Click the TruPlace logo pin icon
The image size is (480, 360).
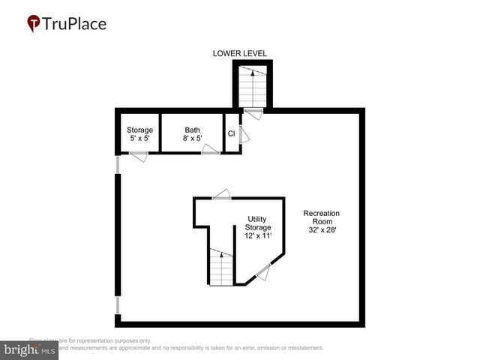pyautogui.click(x=34, y=23)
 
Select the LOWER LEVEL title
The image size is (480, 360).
pyautogui.click(x=240, y=53)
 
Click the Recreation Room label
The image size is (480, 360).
pyautogui.click(x=322, y=217)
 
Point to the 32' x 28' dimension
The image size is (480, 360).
pyautogui.click(x=322, y=230)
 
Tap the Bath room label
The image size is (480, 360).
pyautogui.click(x=193, y=130)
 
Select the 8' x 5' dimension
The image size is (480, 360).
pyautogui.click(x=193, y=139)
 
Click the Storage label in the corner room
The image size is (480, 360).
pyautogui.click(x=139, y=130)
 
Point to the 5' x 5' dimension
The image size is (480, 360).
pyautogui.click(x=139, y=139)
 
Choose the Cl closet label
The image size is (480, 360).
pyautogui.click(x=232, y=134)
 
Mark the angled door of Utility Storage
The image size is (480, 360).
pyautogui.click(x=262, y=273)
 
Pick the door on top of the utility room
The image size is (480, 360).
pyautogui.click(x=222, y=194)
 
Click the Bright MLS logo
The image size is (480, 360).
pyautogui.click(x=29, y=350)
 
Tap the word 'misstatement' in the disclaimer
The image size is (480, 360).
pyautogui.click(x=301, y=348)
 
